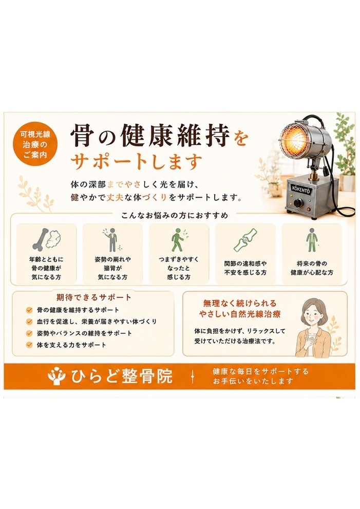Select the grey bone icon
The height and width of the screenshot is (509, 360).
pos(41,239)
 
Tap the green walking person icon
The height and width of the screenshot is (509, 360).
pos(177,239)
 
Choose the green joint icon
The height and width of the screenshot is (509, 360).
pos(245,240)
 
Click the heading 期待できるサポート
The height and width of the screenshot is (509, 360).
pos(94,297)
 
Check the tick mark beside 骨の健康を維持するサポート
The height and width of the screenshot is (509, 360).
pos(29,310)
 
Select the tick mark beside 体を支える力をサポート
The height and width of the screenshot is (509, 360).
pos(29,345)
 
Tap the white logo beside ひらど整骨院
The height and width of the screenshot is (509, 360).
pos(56,376)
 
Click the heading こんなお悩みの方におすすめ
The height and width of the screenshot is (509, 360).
pos(175,215)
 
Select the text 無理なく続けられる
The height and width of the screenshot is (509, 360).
pos(239,303)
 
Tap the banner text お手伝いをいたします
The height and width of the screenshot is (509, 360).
pos(253,381)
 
